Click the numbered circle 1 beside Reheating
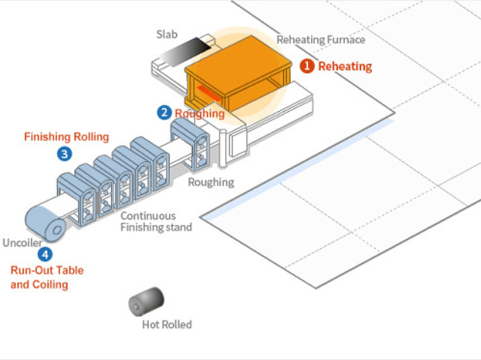(307, 66)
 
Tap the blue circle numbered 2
(164, 112)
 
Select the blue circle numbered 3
(65, 154)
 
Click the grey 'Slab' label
(167, 34)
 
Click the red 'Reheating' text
(345, 66)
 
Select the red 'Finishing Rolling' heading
(66, 137)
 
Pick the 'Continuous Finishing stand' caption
(156, 221)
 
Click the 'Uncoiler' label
(23, 243)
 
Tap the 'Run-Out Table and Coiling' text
(47, 277)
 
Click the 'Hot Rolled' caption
(167, 325)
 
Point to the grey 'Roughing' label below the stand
(211, 182)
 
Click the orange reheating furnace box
(237, 75)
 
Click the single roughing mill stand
(191, 143)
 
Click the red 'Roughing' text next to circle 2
(200, 113)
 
